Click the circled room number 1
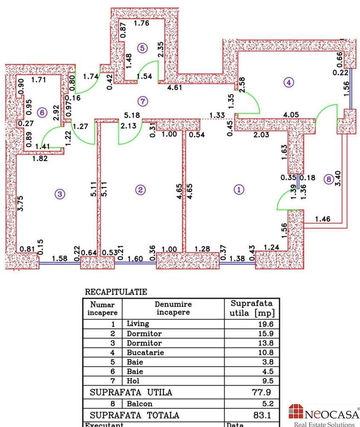[x=238, y=189]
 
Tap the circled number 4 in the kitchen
[x=289, y=82]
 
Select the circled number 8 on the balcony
[x=328, y=180]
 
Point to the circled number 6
[x=41, y=113]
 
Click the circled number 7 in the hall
[x=143, y=101]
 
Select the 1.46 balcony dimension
[x=322, y=219]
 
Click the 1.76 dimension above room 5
[x=141, y=24]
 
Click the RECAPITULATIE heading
[x=116, y=292]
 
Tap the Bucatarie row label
[x=145, y=353]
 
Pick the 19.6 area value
[x=266, y=324]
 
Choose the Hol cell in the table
[x=133, y=380]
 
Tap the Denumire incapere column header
[x=173, y=308]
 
